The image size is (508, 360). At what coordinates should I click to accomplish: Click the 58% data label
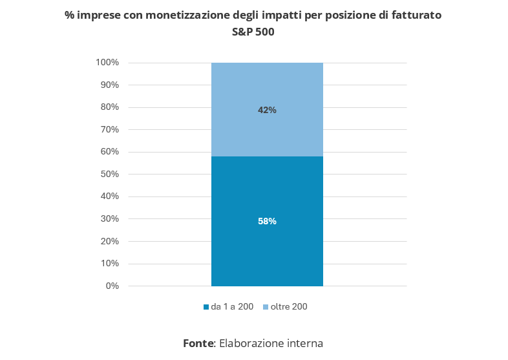(267, 221)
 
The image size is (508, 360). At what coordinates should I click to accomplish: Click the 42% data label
(267, 110)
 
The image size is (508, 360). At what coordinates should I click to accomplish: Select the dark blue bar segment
(267, 252)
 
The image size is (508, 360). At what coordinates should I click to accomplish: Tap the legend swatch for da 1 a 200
(206, 307)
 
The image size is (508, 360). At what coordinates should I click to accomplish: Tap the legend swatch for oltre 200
(266, 307)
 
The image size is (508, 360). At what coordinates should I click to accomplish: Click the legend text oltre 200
(289, 307)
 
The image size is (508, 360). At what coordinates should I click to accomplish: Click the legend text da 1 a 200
(232, 307)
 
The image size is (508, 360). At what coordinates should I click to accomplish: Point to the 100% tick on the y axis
(107, 63)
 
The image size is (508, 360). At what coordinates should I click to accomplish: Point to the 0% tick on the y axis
(112, 286)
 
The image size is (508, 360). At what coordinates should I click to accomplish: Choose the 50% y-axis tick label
(109, 175)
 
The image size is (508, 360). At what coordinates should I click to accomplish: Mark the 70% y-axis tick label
(109, 130)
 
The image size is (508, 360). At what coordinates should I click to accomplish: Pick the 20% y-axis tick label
(109, 241)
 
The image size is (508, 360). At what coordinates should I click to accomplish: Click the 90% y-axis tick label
(109, 85)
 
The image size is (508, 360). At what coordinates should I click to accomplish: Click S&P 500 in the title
(253, 32)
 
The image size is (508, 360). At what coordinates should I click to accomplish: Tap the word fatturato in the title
(416, 15)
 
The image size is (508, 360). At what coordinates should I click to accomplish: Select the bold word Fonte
(198, 343)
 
